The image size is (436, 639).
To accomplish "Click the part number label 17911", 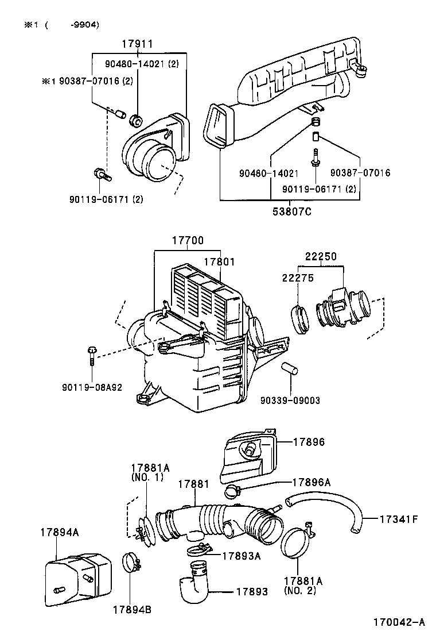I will point(137,44).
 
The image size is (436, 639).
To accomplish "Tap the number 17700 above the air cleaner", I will point(188,241).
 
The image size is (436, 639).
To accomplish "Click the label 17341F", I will point(399,520).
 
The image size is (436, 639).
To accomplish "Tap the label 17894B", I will point(132,609).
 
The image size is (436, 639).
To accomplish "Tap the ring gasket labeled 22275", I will point(301,319).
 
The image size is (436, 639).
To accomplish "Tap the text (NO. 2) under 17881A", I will point(300,591).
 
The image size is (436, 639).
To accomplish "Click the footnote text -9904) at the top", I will point(84,24).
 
